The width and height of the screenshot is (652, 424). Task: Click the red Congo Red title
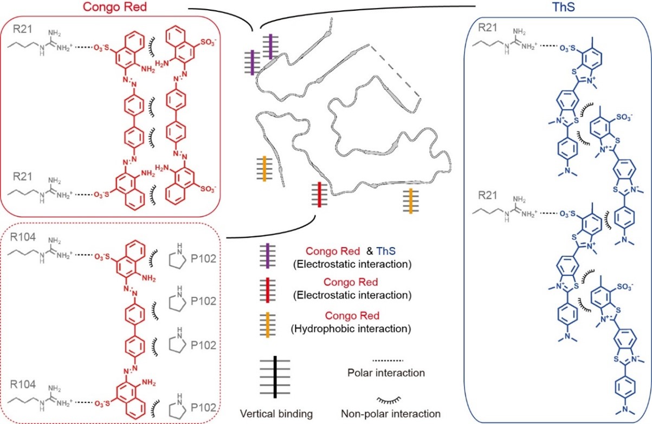(x=115, y=6)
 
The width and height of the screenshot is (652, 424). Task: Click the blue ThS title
(x=564, y=6)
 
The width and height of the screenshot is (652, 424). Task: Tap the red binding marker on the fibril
(x=319, y=194)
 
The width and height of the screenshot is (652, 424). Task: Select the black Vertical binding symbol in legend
(x=275, y=377)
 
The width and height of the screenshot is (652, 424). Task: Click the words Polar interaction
(x=386, y=373)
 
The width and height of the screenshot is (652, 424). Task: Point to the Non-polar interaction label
(x=391, y=414)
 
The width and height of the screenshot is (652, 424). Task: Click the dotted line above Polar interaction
(x=388, y=361)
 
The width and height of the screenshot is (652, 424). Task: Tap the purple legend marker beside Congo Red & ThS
(x=268, y=256)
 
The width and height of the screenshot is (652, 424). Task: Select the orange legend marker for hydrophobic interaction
(x=268, y=325)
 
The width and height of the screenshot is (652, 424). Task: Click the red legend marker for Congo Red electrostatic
(x=268, y=290)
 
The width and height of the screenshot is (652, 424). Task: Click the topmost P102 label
(x=203, y=258)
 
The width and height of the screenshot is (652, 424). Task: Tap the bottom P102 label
(x=203, y=408)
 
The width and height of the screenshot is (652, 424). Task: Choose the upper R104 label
(x=23, y=237)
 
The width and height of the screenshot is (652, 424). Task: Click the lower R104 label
(x=23, y=384)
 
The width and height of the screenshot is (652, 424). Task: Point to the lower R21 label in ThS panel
(x=488, y=195)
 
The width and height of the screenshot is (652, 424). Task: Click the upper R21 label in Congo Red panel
(x=22, y=29)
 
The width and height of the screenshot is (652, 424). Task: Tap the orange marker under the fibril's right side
(x=411, y=201)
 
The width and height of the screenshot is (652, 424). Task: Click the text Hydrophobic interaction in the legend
(x=351, y=329)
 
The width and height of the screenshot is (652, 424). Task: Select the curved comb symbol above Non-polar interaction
(x=389, y=400)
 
